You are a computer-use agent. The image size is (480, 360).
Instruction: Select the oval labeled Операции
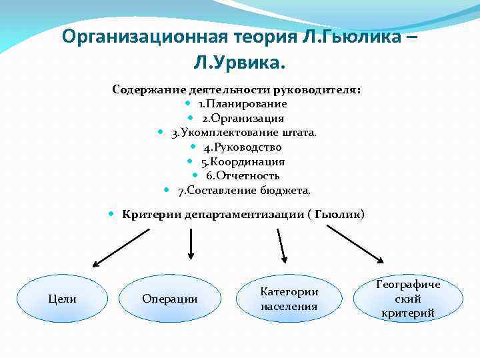point(170,299)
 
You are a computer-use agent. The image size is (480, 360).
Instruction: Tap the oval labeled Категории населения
point(289,299)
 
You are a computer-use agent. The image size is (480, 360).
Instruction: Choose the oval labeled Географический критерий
point(409,299)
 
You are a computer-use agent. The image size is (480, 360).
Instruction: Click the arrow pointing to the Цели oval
point(129,245)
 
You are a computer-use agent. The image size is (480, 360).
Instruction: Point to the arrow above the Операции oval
point(191,243)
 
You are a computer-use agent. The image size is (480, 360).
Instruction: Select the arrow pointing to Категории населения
point(279,244)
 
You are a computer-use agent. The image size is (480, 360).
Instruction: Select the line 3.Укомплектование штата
point(243,133)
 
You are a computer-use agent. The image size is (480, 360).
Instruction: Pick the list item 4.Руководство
point(243,147)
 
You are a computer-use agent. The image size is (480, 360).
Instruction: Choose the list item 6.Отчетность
point(243,176)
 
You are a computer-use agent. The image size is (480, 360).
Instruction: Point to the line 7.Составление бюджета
point(244,191)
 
